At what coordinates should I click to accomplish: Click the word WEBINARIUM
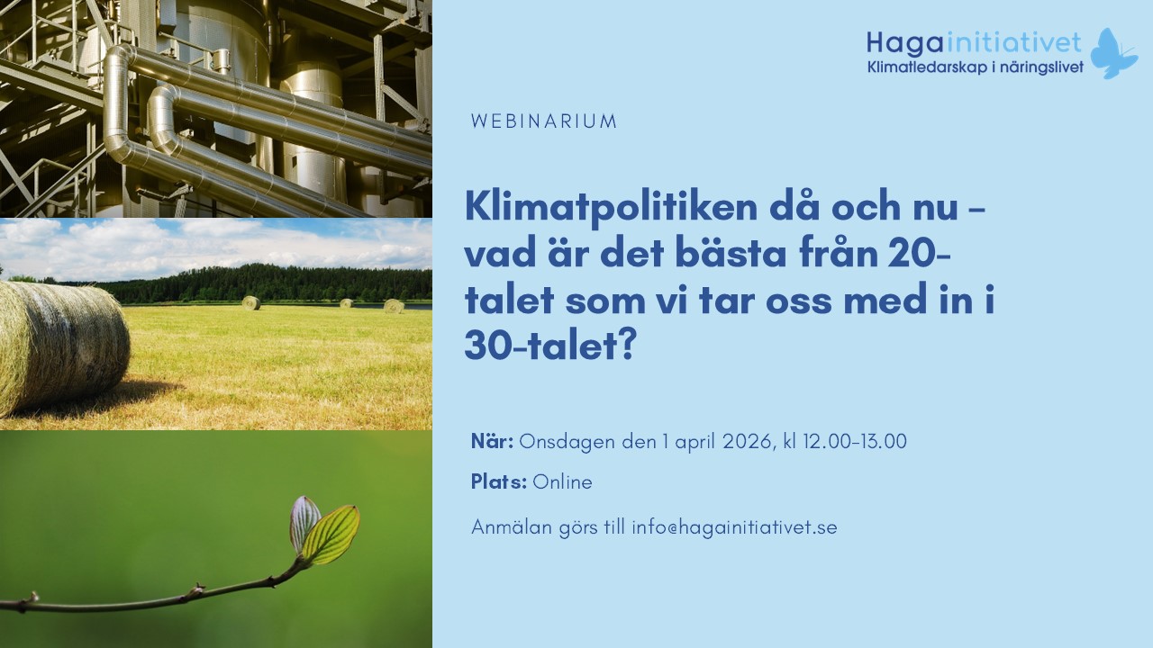(544, 121)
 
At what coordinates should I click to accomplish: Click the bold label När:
(492, 442)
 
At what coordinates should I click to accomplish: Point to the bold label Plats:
(498, 482)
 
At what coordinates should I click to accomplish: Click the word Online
(562, 482)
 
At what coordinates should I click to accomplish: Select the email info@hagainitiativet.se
(734, 528)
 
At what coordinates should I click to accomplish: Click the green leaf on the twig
(331, 534)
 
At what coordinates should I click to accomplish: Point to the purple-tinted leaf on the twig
(304, 520)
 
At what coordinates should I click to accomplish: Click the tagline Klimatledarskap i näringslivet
(975, 67)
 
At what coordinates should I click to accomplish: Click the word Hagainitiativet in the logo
(974, 42)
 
